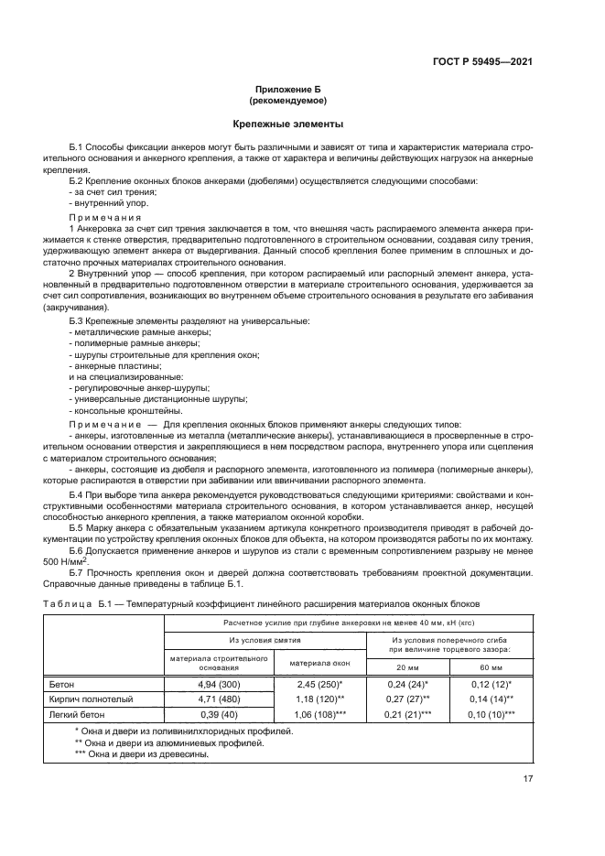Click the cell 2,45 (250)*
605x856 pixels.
pyautogui.click(x=320, y=684)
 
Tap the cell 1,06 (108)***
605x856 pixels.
pyautogui.click(x=320, y=713)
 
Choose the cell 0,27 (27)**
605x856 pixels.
pyautogui.click(x=408, y=699)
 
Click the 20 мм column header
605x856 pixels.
pyautogui.click(x=408, y=666)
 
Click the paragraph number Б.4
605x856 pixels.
pyautogui.click(x=80, y=493)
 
